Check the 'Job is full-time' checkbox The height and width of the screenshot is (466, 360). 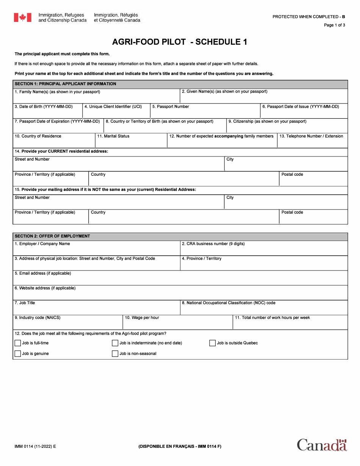point(17,343)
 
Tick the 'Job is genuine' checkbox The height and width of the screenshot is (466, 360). point(17,353)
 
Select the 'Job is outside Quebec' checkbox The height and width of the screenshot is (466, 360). point(213,343)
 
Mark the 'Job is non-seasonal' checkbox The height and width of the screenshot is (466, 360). point(115,353)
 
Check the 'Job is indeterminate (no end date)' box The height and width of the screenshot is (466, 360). point(115,343)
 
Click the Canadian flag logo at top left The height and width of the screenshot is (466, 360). point(23,17)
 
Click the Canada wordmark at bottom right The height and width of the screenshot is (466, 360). point(322,445)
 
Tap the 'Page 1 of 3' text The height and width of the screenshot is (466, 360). point(334,25)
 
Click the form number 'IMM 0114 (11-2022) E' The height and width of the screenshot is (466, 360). point(35,446)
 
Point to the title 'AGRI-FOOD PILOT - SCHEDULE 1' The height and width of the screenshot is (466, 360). point(180,42)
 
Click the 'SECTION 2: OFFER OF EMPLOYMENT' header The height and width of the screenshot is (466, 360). point(52,236)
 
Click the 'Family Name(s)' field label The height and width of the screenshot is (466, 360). point(57,92)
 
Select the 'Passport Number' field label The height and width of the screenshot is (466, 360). point(171,106)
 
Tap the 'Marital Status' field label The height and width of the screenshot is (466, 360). point(113,136)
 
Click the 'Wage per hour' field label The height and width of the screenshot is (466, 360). point(142,317)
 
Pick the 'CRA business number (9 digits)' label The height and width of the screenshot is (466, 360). point(213,244)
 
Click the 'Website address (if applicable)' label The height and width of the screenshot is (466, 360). point(45,288)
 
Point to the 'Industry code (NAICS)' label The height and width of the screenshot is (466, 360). point(38,317)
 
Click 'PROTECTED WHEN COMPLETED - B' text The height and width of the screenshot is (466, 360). point(309,17)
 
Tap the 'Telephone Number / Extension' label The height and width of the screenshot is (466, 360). point(311,136)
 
